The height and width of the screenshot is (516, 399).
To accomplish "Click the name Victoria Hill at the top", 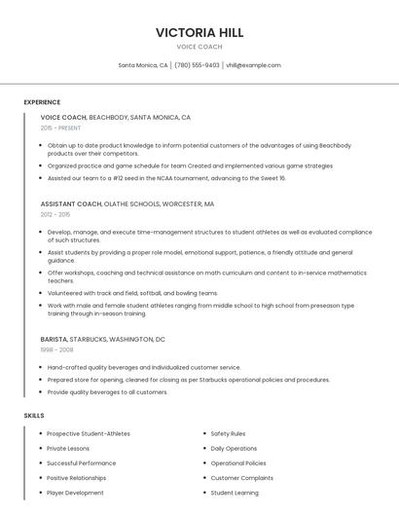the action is tap(199, 32).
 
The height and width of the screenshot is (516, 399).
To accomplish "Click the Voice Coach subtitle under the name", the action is tap(199, 47).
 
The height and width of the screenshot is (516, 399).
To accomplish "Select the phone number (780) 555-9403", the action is tap(197, 65).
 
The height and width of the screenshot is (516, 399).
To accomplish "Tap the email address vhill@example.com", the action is tap(253, 65).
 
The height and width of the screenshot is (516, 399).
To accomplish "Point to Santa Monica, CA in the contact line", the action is tap(143, 65).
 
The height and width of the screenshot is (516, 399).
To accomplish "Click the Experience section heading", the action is tap(42, 102).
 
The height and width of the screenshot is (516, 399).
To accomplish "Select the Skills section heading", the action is tap(34, 416).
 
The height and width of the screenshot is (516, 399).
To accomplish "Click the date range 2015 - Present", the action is tap(60, 128).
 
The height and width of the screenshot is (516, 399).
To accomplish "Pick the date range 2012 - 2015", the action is tap(55, 214).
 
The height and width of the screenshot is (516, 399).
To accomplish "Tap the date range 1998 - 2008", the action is tap(56, 349).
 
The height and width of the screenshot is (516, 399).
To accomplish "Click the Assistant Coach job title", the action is tap(71, 204).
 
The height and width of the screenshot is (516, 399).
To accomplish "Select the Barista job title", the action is tap(54, 339).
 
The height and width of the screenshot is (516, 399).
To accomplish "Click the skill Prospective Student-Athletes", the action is tap(89, 433).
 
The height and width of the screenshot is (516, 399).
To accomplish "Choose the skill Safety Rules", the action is tap(228, 433).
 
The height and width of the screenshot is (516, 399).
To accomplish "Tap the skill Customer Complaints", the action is tap(242, 478).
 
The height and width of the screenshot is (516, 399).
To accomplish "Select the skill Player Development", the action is tap(75, 493).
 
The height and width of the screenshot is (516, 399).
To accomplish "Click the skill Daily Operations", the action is tap(234, 448).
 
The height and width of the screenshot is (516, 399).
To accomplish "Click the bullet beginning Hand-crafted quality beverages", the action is tap(143, 367).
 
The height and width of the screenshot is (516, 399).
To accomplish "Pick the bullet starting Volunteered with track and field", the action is tap(132, 292).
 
